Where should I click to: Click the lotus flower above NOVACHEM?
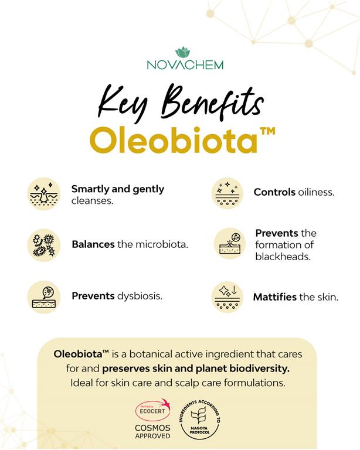[x=183, y=52]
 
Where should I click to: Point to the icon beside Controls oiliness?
[x=227, y=193]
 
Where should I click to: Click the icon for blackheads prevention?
[x=228, y=244]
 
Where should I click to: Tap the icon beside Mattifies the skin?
[x=227, y=296]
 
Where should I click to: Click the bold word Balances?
[x=93, y=244]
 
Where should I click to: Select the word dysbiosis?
[x=139, y=296]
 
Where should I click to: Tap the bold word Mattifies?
[x=274, y=297]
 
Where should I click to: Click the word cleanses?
[x=92, y=200]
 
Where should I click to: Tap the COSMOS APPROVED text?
[x=152, y=432]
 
